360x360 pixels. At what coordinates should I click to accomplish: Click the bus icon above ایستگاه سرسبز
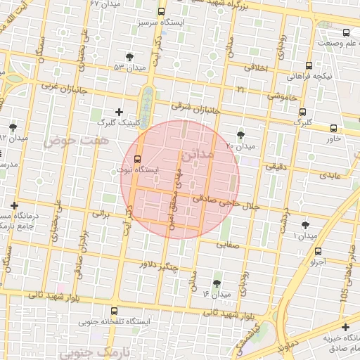click(162, 12)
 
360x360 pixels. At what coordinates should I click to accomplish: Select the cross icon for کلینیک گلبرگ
click(118, 112)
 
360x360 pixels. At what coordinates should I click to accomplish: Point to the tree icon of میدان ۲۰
click(241, 134)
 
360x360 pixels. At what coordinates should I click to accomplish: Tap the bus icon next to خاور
click(333, 128)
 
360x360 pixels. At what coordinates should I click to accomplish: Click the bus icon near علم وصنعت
click(346, 32)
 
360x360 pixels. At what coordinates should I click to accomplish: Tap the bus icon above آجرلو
click(319, 251)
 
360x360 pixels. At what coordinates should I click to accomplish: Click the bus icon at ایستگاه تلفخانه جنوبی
click(114, 310)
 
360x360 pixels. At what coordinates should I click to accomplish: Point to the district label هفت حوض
click(67, 141)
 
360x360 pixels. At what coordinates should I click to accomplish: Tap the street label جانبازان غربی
click(59, 89)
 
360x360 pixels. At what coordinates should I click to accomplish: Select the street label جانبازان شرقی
click(198, 110)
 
